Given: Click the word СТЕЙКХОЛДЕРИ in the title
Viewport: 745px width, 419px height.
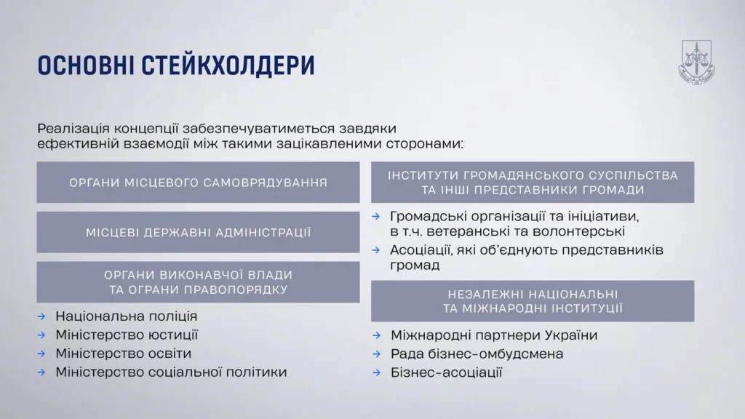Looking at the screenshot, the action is tap(228, 65).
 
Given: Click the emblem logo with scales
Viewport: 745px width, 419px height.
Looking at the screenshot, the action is tap(696, 63).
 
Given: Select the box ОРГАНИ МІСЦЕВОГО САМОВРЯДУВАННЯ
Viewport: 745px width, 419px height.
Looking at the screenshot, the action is tap(198, 183).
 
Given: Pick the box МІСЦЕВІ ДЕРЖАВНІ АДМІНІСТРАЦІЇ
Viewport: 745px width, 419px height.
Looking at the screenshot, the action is tap(198, 232).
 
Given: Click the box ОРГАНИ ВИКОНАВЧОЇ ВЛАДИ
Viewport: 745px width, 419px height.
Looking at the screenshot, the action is tap(198, 282).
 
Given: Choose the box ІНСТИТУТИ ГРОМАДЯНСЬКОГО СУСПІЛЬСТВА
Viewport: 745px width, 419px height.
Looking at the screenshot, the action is tap(533, 183).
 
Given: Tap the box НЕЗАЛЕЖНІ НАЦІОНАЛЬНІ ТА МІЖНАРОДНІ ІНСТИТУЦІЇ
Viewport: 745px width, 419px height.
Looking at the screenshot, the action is tap(533, 301).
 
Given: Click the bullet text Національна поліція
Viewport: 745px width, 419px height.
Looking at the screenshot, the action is tap(127, 316).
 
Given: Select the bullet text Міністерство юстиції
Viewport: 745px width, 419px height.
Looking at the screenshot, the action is tap(127, 335).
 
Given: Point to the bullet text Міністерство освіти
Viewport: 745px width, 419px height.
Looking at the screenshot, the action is tap(124, 354).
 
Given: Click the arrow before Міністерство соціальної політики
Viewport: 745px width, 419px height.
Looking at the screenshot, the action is tap(41, 372).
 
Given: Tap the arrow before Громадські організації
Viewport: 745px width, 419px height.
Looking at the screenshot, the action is tap(376, 217).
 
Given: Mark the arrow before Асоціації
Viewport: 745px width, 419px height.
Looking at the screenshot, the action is tap(376, 250).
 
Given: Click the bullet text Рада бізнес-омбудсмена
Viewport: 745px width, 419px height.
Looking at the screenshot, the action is tap(477, 354).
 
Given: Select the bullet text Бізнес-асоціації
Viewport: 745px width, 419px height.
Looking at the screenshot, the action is tap(446, 372).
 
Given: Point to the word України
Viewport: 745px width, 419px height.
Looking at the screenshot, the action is tap(571, 335).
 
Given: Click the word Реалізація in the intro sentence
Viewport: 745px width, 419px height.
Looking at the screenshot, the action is tap(73, 129).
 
